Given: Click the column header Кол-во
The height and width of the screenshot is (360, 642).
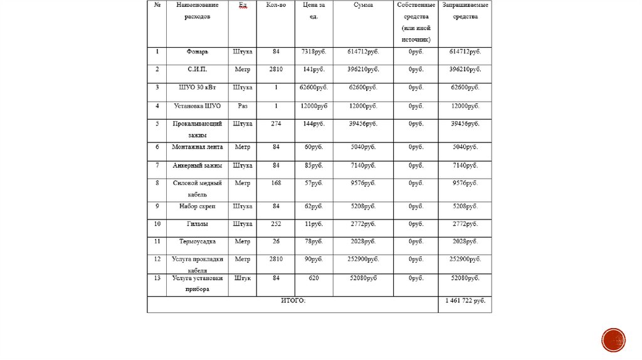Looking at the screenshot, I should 276,5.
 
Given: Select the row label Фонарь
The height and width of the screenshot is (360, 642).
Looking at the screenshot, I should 197,51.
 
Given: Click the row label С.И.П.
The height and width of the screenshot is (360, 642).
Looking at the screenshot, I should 197,69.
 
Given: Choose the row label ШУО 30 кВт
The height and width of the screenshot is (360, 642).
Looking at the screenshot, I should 197,87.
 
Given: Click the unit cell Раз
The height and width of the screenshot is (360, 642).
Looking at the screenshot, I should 242,106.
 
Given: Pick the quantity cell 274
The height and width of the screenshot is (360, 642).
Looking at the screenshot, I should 276,124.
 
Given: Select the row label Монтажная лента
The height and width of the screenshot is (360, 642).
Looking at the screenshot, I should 197,147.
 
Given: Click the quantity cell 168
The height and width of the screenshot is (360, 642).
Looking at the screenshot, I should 276,183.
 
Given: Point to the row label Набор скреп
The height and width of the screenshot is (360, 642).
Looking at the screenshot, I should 197,206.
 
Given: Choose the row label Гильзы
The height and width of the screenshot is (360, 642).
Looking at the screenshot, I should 197,223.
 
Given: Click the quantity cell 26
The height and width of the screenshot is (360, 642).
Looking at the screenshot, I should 276,241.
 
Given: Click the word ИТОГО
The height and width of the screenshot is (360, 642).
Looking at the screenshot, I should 293,301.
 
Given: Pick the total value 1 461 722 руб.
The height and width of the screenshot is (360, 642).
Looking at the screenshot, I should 465,301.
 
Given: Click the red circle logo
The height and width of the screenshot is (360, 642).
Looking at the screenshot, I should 613,340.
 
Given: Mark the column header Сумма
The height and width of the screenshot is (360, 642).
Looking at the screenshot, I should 363,5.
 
